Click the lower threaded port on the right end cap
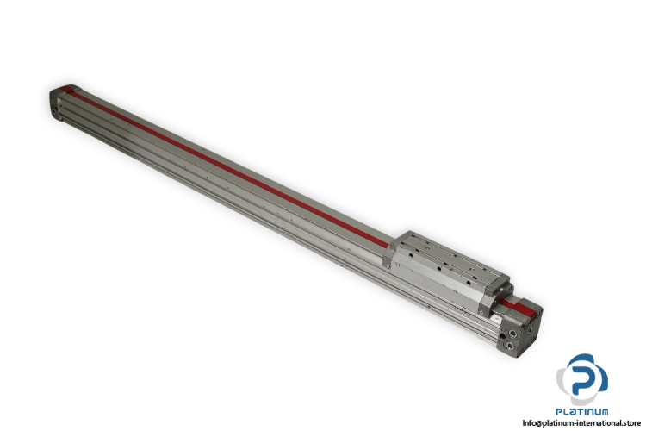point(510,345)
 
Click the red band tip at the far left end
point(66,90)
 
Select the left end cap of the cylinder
point(58,103)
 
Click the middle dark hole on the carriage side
point(438,269)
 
